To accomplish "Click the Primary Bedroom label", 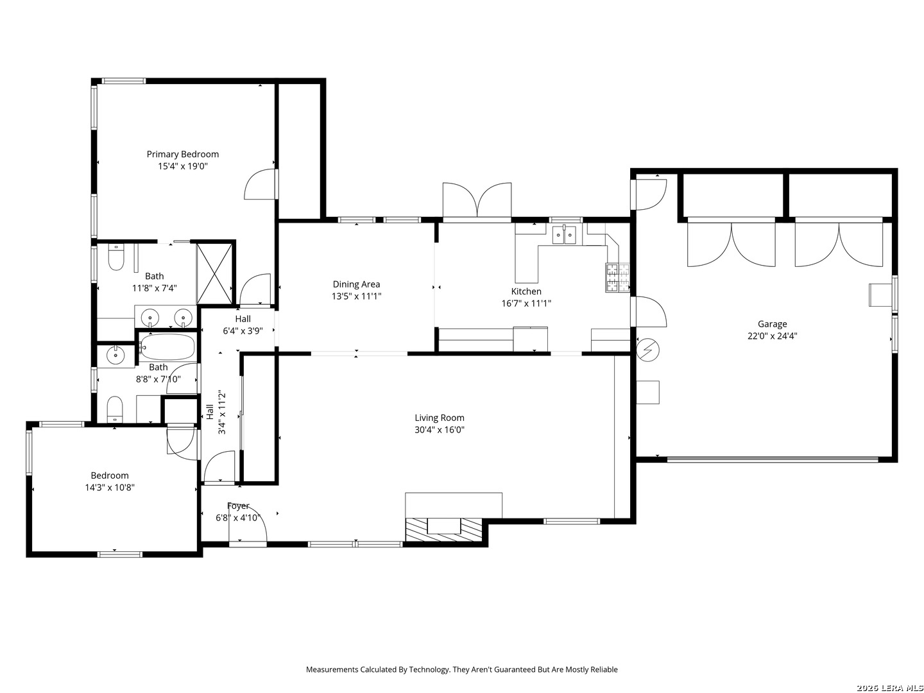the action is pos(182,154).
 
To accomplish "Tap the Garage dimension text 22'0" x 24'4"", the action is pos(772,336).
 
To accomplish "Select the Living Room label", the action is pos(439,418).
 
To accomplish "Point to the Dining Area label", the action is pos(356,284).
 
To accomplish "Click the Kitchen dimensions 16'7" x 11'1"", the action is pos(526,303).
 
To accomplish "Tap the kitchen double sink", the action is pos(564,234).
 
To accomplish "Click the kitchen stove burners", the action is pos(617,277).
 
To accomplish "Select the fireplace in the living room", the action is pos(444,529).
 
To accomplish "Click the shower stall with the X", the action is pos(215,273).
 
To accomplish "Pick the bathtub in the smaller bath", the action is pos(167,346).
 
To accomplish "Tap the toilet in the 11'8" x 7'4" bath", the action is pos(116,257).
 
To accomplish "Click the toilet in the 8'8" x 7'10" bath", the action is pos(114,409).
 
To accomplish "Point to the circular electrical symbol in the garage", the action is pos(647,350).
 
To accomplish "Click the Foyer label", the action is pos(238,506).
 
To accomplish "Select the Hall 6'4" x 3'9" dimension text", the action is pos(243,330).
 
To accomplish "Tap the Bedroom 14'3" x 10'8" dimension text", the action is pos(110,487).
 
